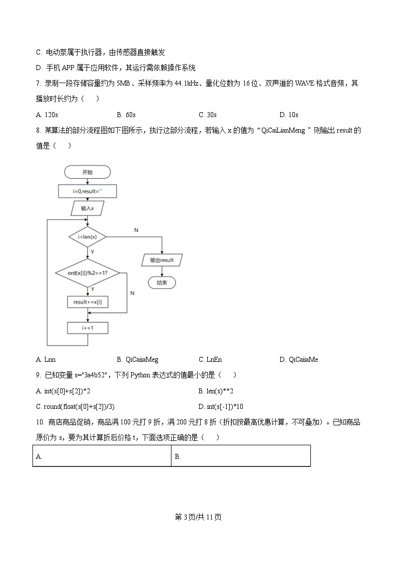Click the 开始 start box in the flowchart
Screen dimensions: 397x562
88,172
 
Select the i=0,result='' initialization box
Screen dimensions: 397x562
88,191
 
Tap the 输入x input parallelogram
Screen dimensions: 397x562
87,208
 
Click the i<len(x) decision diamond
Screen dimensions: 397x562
88,237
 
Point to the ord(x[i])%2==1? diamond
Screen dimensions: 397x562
88,273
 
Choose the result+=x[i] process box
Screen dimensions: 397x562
88,302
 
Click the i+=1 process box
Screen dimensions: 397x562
88,328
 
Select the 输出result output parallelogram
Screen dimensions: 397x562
162,260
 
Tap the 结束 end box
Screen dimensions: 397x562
162,282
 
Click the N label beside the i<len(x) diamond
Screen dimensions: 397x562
136,230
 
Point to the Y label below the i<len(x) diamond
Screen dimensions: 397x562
92,252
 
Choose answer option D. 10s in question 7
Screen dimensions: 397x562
289,115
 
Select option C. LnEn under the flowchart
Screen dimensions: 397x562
210,359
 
